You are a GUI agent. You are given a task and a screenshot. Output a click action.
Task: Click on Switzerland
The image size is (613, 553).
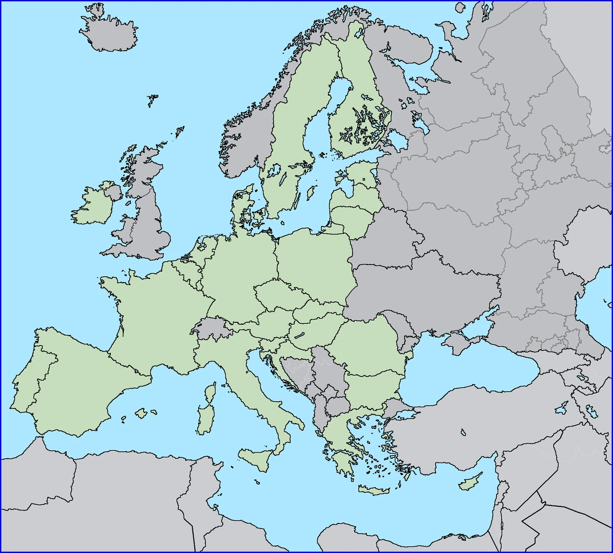[x=211, y=328]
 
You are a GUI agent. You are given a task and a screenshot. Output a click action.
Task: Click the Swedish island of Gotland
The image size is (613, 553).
[x=309, y=193]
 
